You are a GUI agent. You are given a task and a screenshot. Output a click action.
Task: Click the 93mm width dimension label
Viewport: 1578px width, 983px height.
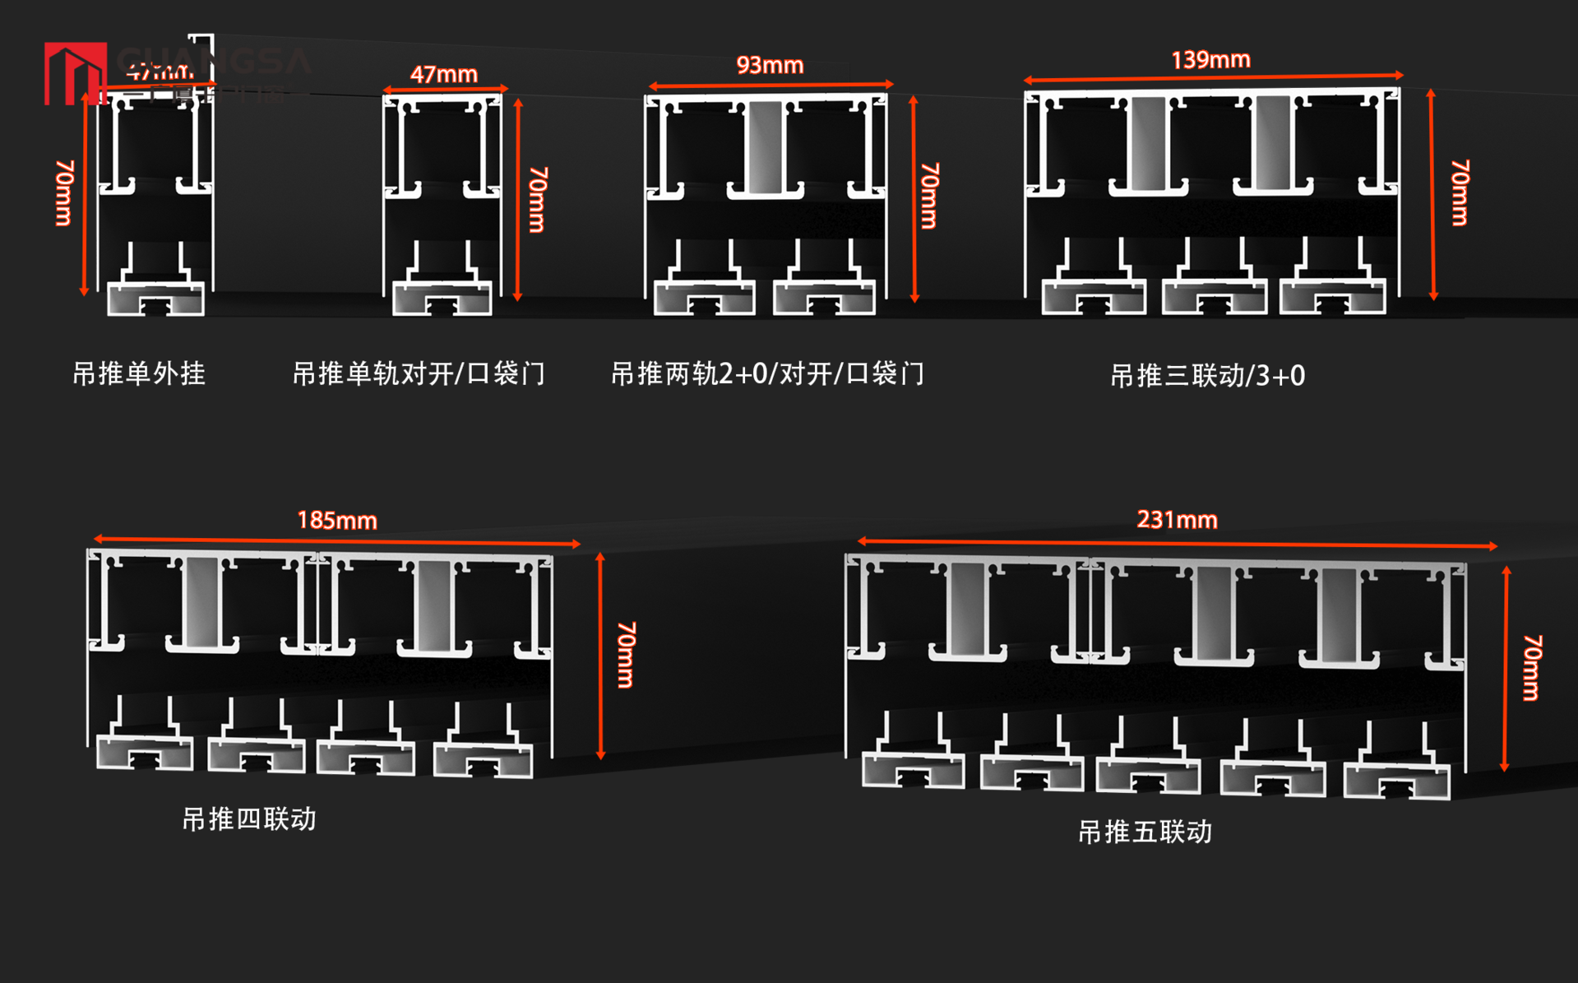pyautogui.click(x=770, y=65)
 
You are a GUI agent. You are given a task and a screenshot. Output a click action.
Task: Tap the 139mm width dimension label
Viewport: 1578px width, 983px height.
pyautogui.click(x=1210, y=60)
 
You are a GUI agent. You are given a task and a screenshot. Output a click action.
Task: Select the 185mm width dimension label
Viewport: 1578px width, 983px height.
pyautogui.click(x=337, y=520)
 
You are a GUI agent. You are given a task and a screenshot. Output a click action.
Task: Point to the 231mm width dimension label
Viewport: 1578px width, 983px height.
pyautogui.click(x=1177, y=520)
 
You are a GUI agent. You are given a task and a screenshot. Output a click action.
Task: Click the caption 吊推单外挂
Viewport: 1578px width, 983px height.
pyautogui.click(x=139, y=374)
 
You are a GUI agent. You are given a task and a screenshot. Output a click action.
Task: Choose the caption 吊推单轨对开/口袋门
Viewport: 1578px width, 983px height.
pyautogui.click(x=419, y=374)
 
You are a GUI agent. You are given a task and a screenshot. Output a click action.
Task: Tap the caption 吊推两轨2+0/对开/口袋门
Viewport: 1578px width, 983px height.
pyautogui.click(x=767, y=374)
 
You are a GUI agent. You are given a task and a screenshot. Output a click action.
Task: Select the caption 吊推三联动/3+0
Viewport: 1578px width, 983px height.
pyautogui.click(x=1207, y=376)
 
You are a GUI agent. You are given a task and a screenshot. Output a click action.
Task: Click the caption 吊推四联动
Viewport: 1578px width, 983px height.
pyautogui.click(x=249, y=819)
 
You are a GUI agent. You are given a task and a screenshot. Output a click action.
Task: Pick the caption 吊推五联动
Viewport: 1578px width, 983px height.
pyautogui.click(x=1145, y=832)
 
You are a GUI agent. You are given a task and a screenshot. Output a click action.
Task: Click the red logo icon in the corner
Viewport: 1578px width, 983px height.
pyautogui.click(x=75, y=73)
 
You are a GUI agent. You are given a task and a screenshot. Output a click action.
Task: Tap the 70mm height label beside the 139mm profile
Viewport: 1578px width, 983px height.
pyautogui.click(x=1460, y=192)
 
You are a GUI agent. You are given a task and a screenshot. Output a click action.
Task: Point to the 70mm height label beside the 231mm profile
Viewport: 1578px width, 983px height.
pyautogui.click(x=1531, y=667)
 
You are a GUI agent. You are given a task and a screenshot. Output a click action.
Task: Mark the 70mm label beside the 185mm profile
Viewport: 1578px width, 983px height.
pyautogui.click(x=626, y=655)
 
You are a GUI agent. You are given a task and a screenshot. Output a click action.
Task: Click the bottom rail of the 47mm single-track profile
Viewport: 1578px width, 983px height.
pyautogui.click(x=442, y=298)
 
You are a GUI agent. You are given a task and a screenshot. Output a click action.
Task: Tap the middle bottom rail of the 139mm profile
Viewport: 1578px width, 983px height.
pyautogui.click(x=1214, y=297)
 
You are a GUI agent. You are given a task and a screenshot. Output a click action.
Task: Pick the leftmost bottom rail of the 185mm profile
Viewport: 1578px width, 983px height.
pyautogui.click(x=145, y=753)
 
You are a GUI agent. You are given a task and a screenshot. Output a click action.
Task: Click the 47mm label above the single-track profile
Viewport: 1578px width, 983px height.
pyautogui.click(x=444, y=74)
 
